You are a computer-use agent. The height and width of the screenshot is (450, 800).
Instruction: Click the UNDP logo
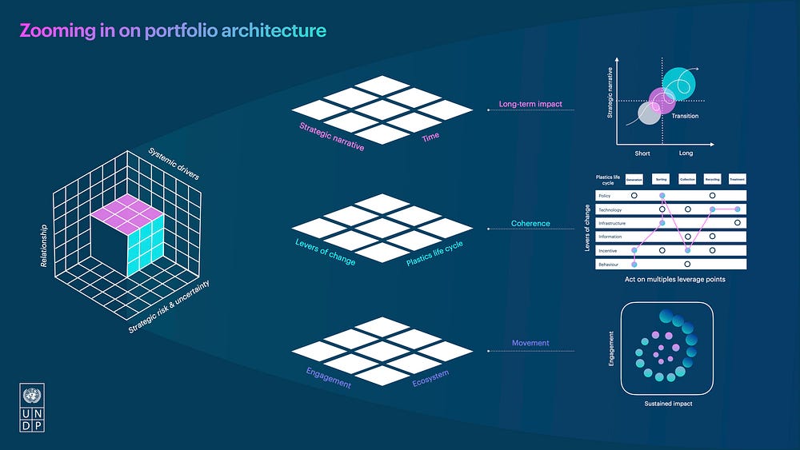pos(33,408)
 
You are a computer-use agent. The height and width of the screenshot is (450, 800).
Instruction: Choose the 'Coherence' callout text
pos(530,224)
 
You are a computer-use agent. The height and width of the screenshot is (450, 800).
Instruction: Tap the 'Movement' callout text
pos(530,344)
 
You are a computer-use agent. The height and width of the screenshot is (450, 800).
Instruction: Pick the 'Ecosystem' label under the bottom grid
pos(430,378)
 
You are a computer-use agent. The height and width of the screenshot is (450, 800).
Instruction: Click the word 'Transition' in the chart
pos(685,117)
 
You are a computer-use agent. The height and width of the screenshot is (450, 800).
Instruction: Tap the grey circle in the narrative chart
pos(649,113)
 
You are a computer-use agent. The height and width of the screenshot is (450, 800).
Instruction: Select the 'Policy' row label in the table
pos(605,195)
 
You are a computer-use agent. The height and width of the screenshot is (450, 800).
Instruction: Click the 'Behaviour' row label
pos(610,264)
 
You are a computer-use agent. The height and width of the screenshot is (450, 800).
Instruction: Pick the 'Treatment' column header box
pos(738,180)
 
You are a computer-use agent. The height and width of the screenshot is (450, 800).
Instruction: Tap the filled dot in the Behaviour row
pos(634,264)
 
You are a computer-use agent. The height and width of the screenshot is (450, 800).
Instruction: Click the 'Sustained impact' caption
pos(668,404)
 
